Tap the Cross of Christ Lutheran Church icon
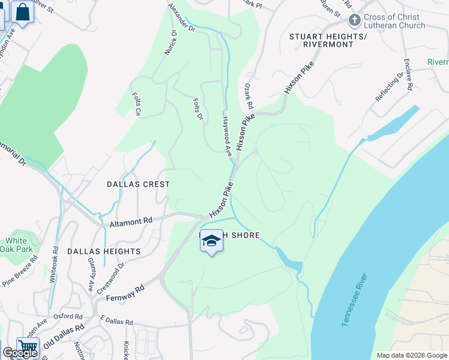[355, 20]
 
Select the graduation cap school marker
[211, 241]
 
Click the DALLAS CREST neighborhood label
[139, 184]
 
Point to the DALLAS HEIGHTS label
[104, 251]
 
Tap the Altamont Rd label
[131, 222]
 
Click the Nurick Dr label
[170, 43]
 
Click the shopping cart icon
[28, 347]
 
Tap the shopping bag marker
[23, 12]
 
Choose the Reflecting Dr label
[389, 87]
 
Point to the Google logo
[20, 353]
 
